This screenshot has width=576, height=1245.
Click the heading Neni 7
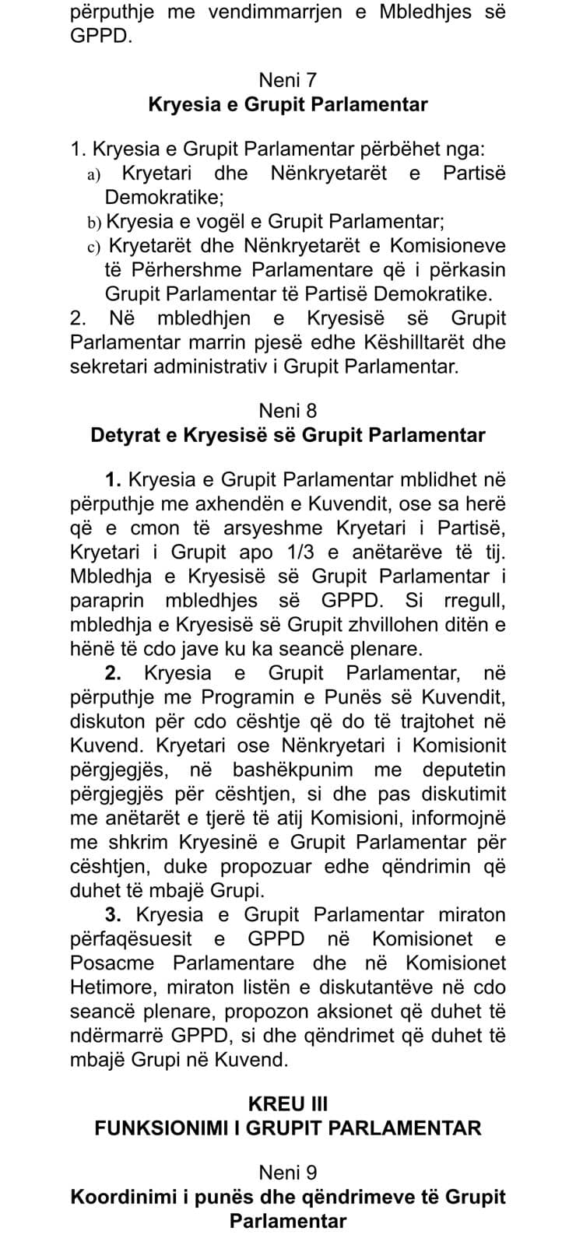pyautogui.click(x=287, y=79)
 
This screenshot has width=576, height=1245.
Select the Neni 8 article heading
pyautogui.click(x=287, y=410)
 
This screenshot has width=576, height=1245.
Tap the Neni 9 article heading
pyautogui.click(x=287, y=1172)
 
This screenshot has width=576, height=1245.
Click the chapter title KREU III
pyautogui.click(x=287, y=1103)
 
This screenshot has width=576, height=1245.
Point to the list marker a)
pyautogui.click(x=94, y=174)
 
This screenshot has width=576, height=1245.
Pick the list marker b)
pyautogui.click(x=94, y=223)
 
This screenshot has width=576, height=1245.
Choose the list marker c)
pyautogui.click(x=94, y=247)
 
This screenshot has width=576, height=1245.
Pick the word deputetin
pyautogui.click(x=464, y=770)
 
